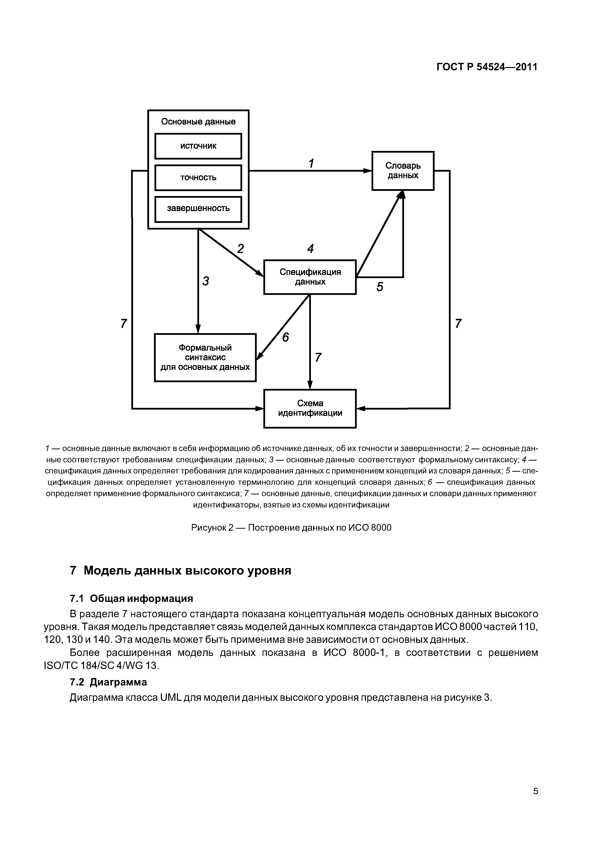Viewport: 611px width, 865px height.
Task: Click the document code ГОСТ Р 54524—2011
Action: pyautogui.click(x=487, y=67)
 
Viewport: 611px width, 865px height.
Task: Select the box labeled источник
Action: pyautogui.click(x=198, y=146)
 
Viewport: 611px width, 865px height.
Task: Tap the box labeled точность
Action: pyautogui.click(x=198, y=178)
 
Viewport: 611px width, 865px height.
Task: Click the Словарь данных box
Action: pyautogui.click(x=403, y=171)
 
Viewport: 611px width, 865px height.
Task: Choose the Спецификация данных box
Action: pyautogui.click(x=310, y=277)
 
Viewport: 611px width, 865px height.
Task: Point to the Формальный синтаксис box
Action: pyautogui.click(x=205, y=358)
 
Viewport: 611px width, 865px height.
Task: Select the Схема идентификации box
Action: pyautogui.click(x=310, y=408)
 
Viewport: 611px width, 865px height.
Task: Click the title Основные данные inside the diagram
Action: pyautogui.click(x=198, y=122)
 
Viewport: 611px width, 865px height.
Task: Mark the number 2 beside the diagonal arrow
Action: pyautogui.click(x=240, y=249)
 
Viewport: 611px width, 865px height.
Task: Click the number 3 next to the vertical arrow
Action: pyautogui.click(x=205, y=281)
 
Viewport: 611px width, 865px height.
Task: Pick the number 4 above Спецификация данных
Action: pyautogui.click(x=310, y=249)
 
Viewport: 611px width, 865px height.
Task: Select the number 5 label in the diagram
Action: pyautogui.click(x=380, y=287)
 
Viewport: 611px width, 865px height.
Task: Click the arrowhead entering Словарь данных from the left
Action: pyautogui.click(x=368, y=171)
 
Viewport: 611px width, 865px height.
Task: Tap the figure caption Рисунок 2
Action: pyautogui.click(x=291, y=527)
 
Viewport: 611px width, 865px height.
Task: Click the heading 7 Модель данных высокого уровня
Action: pyautogui.click(x=181, y=570)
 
